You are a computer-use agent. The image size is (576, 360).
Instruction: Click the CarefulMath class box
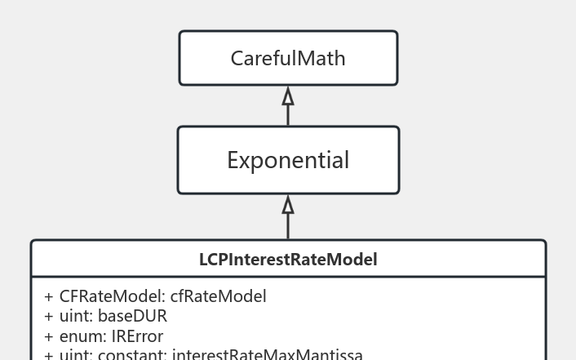point(288,58)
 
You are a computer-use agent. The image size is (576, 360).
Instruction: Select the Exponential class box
point(288,160)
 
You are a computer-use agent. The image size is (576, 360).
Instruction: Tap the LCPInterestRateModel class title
point(288,260)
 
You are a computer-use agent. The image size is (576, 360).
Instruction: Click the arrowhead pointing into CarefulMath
point(288,96)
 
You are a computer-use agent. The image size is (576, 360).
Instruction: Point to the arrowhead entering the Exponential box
point(288,204)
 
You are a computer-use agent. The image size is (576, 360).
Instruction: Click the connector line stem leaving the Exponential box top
point(288,116)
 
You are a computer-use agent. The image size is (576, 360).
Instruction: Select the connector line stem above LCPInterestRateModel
point(288,226)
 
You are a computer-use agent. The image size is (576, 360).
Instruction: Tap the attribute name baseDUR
point(132,316)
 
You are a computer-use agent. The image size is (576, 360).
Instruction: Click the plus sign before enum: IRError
point(49,336)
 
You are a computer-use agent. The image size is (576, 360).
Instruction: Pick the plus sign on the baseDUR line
point(49,317)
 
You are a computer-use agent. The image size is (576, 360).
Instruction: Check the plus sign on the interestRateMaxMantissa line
point(49,355)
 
